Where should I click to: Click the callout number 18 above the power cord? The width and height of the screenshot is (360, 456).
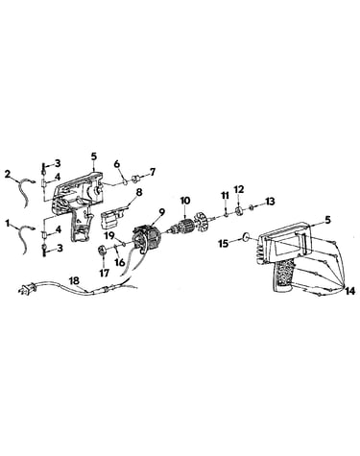75,280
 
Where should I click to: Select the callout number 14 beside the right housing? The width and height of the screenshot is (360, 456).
349,291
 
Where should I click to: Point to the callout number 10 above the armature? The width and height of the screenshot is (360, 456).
185,201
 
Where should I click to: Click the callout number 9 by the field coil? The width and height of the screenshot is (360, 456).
162,211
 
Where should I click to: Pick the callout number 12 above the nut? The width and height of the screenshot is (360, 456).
240,189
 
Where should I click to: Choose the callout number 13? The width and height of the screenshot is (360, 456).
270,202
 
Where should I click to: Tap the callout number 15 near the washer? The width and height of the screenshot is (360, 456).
223,244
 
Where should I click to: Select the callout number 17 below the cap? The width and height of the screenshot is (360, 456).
105,273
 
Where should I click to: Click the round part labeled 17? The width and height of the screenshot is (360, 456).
103,251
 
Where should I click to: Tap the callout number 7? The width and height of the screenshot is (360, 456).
153,172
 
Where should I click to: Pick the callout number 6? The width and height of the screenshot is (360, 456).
116,164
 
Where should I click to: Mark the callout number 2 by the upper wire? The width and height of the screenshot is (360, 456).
8,174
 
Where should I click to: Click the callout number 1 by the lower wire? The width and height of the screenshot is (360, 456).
8,223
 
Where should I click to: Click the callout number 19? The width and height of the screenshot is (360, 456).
110,237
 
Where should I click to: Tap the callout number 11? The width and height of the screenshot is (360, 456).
225,195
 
